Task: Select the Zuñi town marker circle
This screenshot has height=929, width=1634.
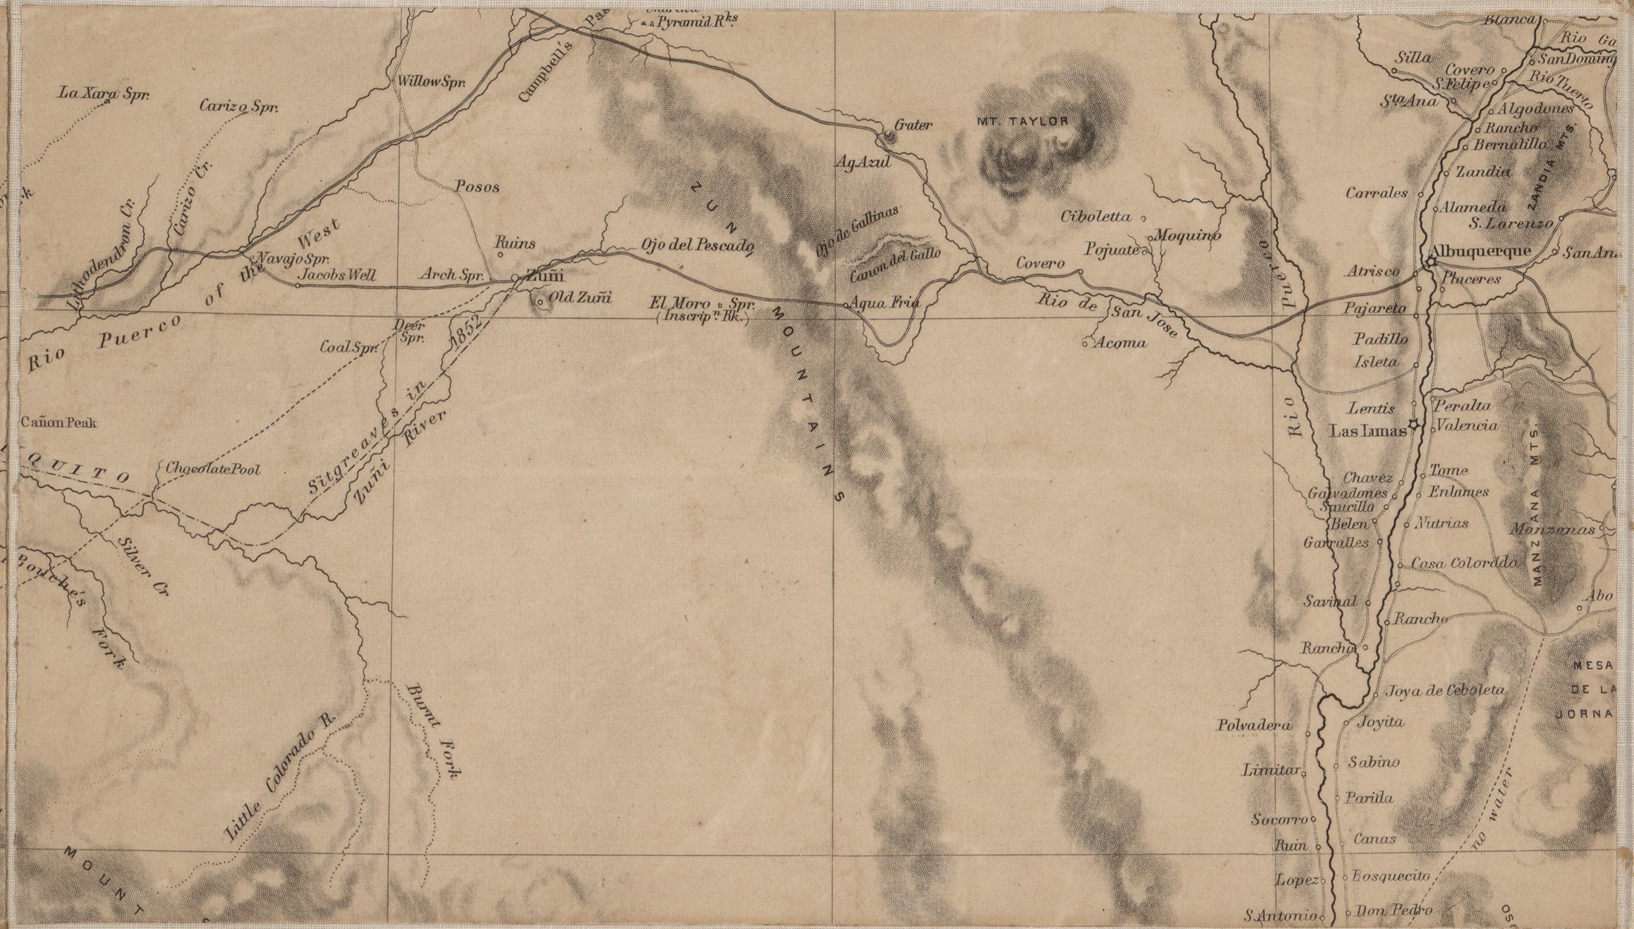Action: (x=515, y=278)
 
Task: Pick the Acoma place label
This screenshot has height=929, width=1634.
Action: (x=1120, y=343)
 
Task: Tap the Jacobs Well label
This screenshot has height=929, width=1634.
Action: (x=337, y=276)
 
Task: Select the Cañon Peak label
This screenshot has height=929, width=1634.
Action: (x=59, y=422)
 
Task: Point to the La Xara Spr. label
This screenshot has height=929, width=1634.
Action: (x=103, y=94)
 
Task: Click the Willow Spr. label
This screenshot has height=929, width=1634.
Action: (x=431, y=82)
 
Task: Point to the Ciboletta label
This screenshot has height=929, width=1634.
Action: (x=1096, y=216)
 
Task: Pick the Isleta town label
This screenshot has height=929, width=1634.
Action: (x=1376, y=362)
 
